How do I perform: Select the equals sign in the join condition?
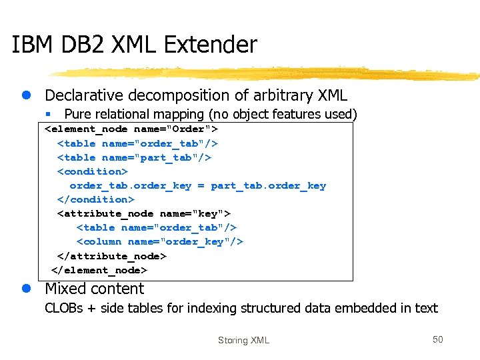click(x=201, y=185)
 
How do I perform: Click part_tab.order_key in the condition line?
click(x=268, y=185)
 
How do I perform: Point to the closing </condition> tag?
click(x=96, y=199)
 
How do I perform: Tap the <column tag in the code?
click(x=99, y=241)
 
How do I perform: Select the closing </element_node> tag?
click(x=99, y=270)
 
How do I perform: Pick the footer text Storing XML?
click(x=243, y=341)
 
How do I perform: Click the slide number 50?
click(x=437, y=340)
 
